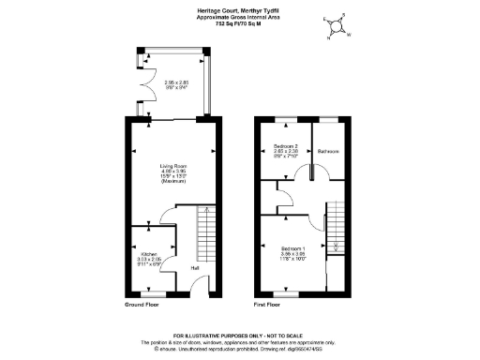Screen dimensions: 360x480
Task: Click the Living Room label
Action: tap(173, 165)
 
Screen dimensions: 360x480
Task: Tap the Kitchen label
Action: tap(148, 254)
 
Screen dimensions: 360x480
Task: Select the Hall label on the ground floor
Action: tap(195, 269)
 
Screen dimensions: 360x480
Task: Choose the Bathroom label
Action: tap(328, 151)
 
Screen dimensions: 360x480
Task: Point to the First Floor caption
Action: tap(267, 306)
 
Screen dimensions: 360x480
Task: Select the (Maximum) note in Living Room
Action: tap(173, 181)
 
